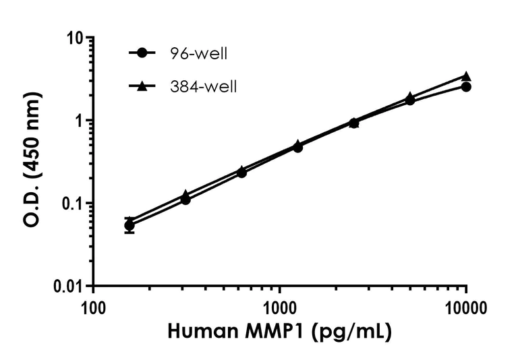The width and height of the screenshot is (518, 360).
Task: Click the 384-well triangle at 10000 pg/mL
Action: pyautogui.click(x=465, y=77)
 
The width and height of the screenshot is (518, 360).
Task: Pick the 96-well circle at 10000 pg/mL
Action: pyautogui.click(x=465, y=87)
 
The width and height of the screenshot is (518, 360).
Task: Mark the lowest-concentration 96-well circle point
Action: pyautogui.click(x=129, y=226)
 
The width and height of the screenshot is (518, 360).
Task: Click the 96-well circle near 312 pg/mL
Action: pyautogui.click(x=185, y=200)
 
